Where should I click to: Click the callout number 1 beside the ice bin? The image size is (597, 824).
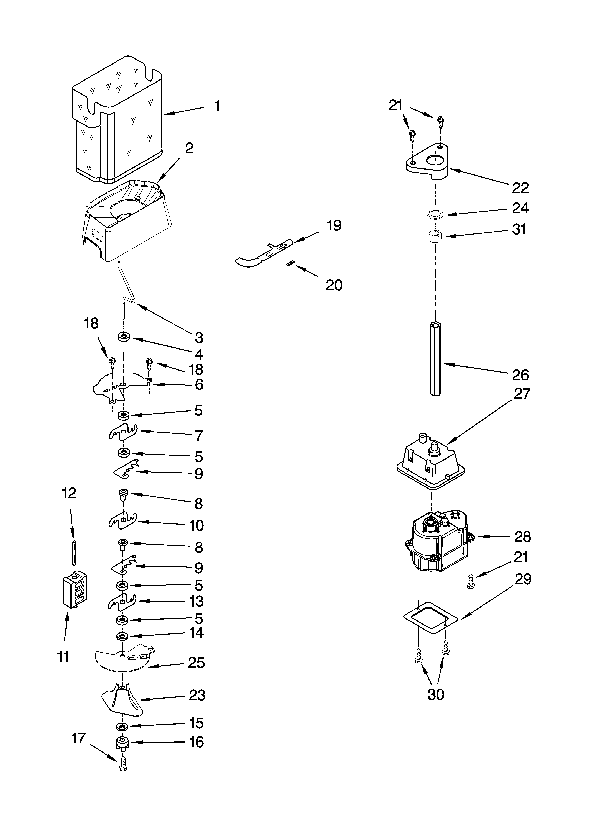[217, 106]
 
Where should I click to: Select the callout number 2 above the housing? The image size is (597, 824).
[189, 148]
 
